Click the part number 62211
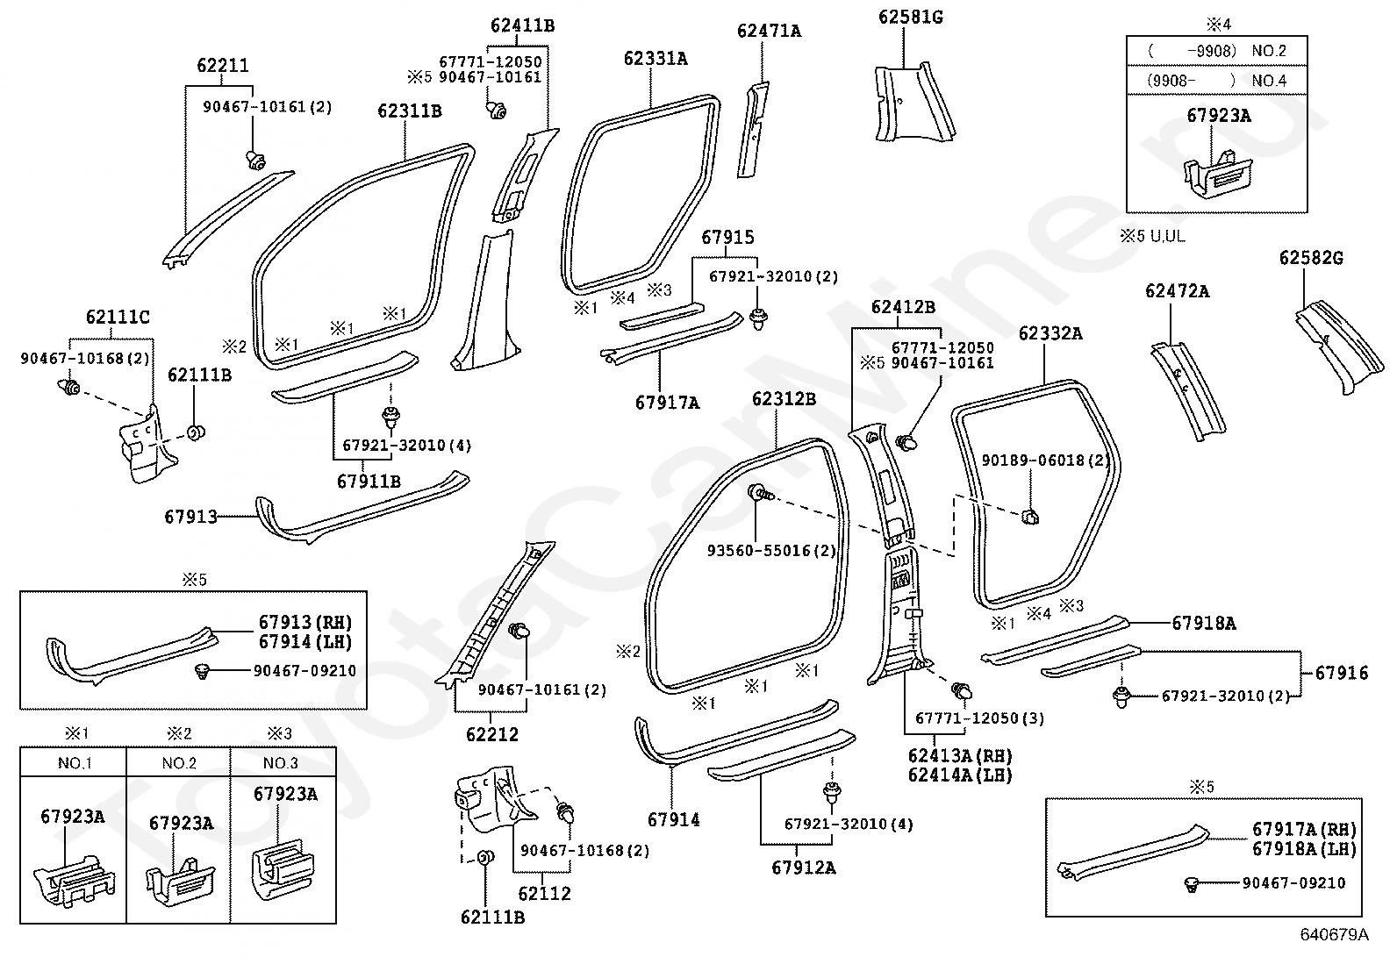pyautogui.click(x=223, y=66)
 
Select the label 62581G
pyautogui.click(x=911, y=17)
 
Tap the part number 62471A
pyautogui.click(x=769, y=31)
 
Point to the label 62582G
pyautogui.click(x=1311, y=258)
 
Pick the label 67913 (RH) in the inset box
pyautogui.click(x=305, y=622)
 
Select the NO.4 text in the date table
pyautogui.click(x=1269, y=81)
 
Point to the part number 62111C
pyautogui.click(x=118, y=318)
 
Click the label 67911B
pyautogui.click(x=369, y=482)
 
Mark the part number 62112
pyautogui.click(x=544, y=894)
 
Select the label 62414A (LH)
pyautogui.click(x=960, y=775)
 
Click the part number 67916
pyautogui.click(x=1342, y=673)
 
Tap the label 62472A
pyautogui.click(x=1177, y=291)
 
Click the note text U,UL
pyautogui.click(x=1167, y=236)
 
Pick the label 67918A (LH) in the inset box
pyautogui.click(x=1305, y=848)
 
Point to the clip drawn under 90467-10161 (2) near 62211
pyautogui.click(x=255, y=161)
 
